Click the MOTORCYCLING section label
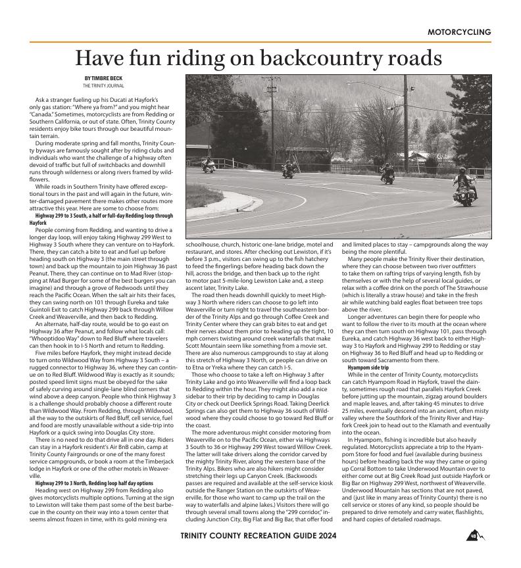click(459, 32)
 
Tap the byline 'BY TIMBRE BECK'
click(103, 79)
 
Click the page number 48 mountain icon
click(475, 536)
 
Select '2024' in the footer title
click(324, 536)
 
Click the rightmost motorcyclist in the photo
click(464, 185)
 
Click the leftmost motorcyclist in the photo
click(209, 165)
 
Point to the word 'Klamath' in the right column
click(443, 425)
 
